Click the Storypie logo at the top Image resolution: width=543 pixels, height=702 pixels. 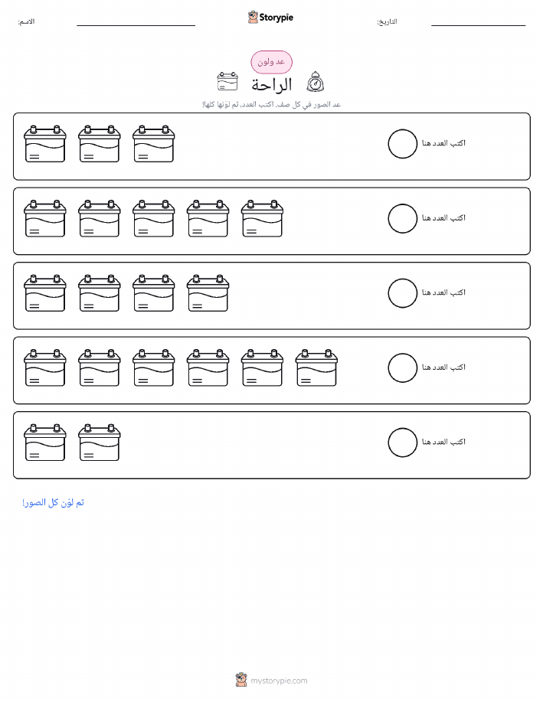point(270,18)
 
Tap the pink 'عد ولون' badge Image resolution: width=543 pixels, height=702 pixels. point(271,62)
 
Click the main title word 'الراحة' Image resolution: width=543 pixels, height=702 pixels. point(271,84)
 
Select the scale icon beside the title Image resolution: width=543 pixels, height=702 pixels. point(316,82)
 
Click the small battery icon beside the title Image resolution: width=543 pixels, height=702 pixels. point(227,81)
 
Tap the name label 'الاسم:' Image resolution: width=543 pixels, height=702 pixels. point(26,21)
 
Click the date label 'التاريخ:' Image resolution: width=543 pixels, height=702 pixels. point(387,21)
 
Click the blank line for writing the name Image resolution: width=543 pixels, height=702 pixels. point(136,25)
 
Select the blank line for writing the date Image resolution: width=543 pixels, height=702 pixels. point(478,25)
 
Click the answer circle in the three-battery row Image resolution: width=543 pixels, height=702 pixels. point(402,129)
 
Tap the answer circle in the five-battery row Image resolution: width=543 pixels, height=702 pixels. point(402,204)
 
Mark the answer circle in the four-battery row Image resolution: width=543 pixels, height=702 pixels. point(402,279)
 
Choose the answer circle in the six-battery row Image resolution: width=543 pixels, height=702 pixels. point(402,354)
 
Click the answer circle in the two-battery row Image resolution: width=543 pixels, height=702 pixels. point(402,429)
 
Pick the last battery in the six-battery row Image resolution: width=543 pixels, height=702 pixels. point(316,367)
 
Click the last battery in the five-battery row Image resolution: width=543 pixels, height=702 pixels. point(262,218)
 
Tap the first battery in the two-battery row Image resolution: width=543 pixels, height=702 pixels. point(44,442)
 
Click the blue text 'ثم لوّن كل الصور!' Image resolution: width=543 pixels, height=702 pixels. point(54,503)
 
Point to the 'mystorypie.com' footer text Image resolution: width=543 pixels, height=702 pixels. point(279,681)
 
